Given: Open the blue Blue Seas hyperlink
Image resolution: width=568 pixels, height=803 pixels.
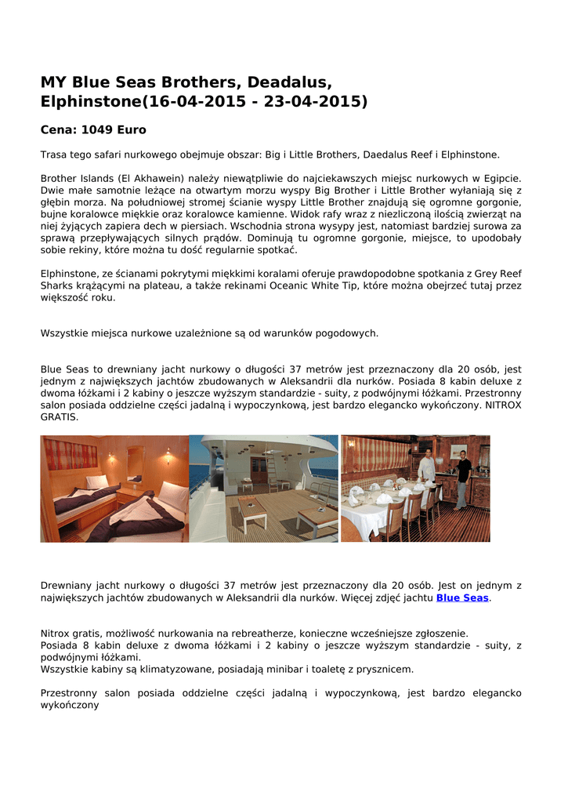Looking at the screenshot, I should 462,598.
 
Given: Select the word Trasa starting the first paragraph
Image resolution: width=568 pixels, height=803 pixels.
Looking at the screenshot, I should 55,155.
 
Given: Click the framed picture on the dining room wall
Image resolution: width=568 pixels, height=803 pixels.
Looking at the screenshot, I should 459,452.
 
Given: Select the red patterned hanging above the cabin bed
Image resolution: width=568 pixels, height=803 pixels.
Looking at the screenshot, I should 71,455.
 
